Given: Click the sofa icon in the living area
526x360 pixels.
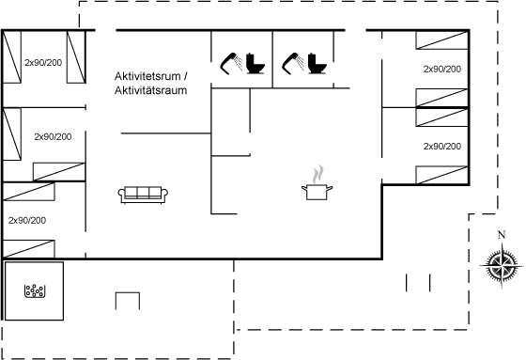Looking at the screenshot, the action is point(143,195).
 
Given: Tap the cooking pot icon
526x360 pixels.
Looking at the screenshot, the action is point(317,192).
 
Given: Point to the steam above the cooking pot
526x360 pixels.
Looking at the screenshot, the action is point(318,174).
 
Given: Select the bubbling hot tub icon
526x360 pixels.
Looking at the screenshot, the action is point(35,290).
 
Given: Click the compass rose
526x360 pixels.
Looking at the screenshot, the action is point(502,265).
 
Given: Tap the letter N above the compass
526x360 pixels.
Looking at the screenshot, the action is point(502,235).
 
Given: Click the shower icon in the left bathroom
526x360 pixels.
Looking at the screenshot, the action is point(231,63).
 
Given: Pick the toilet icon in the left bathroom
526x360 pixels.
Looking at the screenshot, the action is point(255,64).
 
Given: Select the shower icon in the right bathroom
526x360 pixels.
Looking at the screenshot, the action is point(293,63).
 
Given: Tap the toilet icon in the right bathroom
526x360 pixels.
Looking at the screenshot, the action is point(317,64).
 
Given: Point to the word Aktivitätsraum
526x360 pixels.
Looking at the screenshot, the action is point(150,90).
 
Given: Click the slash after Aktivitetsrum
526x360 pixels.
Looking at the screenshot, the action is point(185,76).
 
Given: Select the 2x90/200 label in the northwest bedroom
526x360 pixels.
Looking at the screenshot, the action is point(43,62).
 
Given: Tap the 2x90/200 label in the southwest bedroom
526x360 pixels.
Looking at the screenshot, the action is point(27,220).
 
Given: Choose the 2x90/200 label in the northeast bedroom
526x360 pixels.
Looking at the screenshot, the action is point(442,70).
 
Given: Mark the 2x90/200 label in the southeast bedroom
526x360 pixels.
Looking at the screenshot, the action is point(442,147).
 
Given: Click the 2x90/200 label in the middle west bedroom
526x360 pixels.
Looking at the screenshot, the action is point(53,136).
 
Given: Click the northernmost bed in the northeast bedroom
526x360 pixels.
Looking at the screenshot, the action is point(441,40).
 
